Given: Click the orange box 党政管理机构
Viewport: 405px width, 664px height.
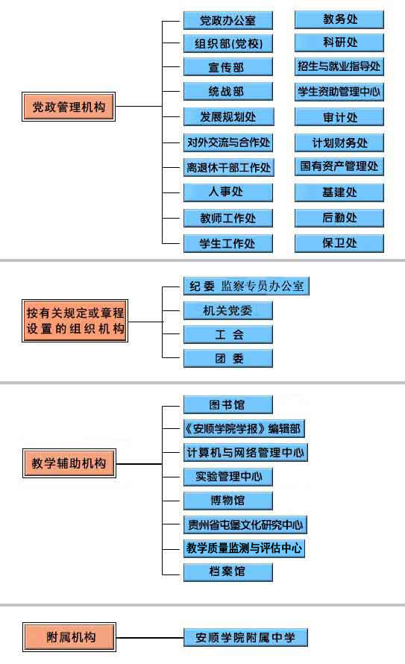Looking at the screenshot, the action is (x=69, y=107).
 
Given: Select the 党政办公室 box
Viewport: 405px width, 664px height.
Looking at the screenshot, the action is (x=228, y=20).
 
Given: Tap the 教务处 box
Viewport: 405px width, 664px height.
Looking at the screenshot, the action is (x=339, y=19).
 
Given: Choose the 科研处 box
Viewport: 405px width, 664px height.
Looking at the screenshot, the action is (x=339, y=43).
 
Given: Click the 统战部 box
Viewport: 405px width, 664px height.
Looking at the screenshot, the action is (x=228, y=92).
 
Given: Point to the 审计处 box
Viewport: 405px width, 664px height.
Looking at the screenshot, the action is (x=339, y=117).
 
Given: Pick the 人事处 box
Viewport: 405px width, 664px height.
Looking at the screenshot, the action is (x=228, y=192).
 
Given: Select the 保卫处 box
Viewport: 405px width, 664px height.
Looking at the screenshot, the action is (x=339, y=243).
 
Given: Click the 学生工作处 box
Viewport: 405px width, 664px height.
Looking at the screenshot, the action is (x=228, y=243).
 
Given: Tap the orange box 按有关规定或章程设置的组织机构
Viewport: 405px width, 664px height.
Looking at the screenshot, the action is (x=75, y=321).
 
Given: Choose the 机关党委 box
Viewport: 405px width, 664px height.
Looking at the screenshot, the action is (x=228, y=310).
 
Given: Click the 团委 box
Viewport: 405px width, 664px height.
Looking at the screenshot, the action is (x=228, y=358).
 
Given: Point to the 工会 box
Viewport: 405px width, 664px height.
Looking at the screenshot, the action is (x=228, y=334).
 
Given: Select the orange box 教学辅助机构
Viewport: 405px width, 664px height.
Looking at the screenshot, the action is (x=69, y=463).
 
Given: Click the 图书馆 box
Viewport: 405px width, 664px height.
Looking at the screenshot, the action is (x=228, y=405).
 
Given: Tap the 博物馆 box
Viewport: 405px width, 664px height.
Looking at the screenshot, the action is (x=228, y=501).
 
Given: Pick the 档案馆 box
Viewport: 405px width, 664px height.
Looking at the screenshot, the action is (x=228, y=571).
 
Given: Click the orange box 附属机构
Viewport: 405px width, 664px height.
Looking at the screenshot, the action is (x=69, y=637).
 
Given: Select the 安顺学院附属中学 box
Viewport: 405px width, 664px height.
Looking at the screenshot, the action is (x=245, y=637).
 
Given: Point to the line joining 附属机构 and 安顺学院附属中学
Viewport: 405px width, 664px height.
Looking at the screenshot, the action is (x=150, y=637).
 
